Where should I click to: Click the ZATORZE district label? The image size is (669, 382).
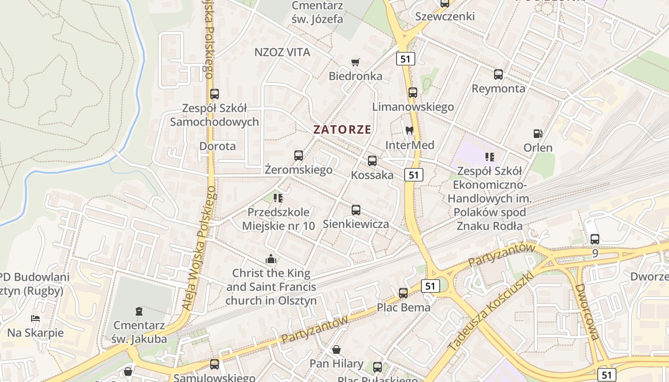342,129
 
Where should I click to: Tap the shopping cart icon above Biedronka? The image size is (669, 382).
355,62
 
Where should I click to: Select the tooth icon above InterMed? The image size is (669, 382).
409,130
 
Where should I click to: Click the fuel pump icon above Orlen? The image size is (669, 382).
538,134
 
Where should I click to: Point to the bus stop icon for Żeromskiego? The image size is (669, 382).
299,155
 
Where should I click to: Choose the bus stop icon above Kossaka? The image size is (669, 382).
372,161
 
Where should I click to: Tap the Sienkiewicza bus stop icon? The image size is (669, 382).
356,210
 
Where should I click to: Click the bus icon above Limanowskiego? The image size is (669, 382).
413,92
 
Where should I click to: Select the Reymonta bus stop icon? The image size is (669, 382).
498,74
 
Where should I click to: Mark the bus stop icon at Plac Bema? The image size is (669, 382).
403,293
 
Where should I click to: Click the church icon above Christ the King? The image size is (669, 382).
271,259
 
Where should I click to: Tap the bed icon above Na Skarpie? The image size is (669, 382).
35,318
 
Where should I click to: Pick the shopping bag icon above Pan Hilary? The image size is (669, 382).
336,350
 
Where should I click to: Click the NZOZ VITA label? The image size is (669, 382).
282,52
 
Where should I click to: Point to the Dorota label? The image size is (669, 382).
217,146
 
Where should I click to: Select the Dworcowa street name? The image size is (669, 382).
587,312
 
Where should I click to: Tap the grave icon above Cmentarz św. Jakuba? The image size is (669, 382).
139,311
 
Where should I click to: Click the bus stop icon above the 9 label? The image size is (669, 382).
594,239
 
